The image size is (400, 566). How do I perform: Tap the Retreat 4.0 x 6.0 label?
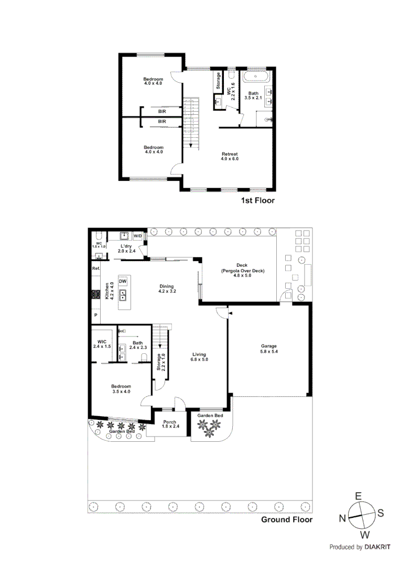pyautogui.click(x=230, y=156)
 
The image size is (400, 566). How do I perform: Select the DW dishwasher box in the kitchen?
pyautogui.click(x=123, y=281)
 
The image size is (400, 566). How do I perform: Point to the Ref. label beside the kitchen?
pyautogui.click(x=95, y=268)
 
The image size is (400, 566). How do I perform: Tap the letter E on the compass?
pyautogui.click(x=359, y=495)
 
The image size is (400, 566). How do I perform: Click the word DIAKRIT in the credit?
pyautogui.click(x=379, y=547)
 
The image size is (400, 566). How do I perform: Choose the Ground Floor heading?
pyautogui.click(x=287, y=520)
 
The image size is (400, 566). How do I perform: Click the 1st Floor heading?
pyautogui.click(x=257, y=201)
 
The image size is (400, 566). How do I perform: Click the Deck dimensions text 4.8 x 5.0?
pyautogui.click(x=242, y=276)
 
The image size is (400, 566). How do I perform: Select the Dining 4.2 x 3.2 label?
pyautogui.click(x=167, y=289)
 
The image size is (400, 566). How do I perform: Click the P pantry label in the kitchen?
pyautogui.click(x=95, y=315)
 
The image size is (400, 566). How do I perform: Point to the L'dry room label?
pyautogui.click(x=125, y=248)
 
